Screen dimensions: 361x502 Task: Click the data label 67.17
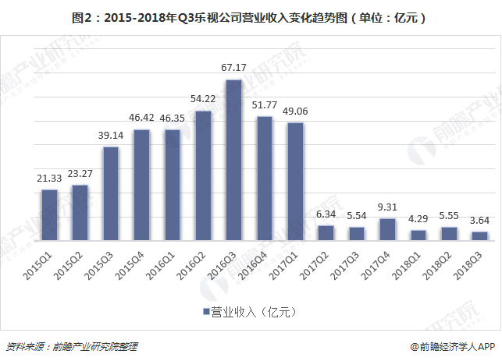[x=233, y=68]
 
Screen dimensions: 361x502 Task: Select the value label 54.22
[x=203, y=99]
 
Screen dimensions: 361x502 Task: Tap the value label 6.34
[x=326, y=214]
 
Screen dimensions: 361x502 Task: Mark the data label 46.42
[x=141, y=118]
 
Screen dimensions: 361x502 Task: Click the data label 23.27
[x=80, y=173]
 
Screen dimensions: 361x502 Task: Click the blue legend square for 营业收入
[x=206, y=311]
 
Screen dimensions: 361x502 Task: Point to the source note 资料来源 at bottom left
[x=75, y=346]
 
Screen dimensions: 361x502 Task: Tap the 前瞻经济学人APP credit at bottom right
[x=454, y=346]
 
